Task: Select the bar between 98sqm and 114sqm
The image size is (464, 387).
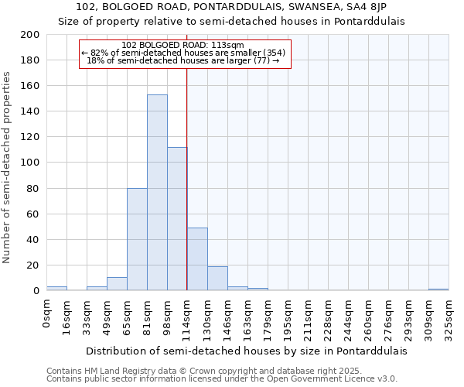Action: [177, 218]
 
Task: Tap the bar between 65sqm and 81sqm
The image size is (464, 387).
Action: [137, 239]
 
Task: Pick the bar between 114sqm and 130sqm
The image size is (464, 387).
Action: [197, 259]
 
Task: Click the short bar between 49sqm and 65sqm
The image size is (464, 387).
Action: [117, 284]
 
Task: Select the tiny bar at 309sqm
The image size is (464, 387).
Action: [438, 289]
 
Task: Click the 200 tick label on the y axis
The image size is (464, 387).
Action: [30, 35]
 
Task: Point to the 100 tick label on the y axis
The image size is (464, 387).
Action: [30, 163]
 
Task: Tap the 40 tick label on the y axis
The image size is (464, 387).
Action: [33, 239]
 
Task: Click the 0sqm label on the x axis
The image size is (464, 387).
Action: [46, 313]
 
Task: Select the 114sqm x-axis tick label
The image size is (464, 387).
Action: [187, 317]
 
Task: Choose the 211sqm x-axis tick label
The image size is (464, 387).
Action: [308, 317]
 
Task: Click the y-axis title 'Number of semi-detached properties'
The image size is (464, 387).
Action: [8, 167]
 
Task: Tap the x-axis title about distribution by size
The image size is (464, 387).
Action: [246, 351]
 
